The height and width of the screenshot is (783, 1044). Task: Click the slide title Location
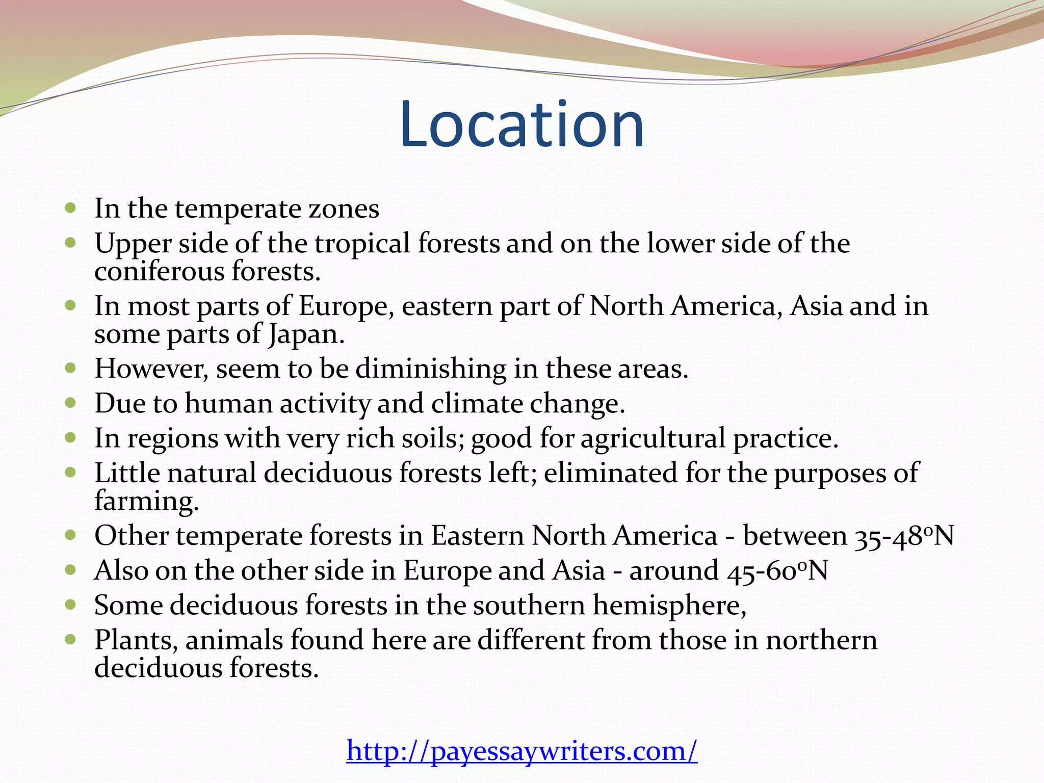[521, 125]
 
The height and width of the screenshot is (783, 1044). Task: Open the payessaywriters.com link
[521, 751]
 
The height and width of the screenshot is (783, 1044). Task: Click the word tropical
[362, 244]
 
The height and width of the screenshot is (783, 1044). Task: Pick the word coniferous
[160, 271]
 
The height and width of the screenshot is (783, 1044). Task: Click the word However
[151, 369]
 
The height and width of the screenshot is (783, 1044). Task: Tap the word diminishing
[430, 369]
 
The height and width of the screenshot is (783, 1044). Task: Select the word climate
[477, 404]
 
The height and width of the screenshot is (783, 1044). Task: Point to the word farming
[146, 501]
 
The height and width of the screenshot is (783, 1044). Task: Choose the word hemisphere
[669, 606]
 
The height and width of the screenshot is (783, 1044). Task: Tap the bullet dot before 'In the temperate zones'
[71, 208]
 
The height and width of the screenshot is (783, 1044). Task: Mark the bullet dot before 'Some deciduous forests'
[71, 605]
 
